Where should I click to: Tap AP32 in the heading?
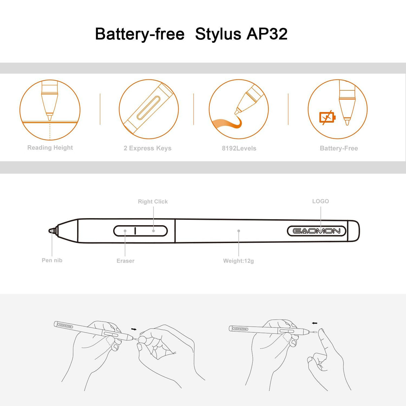click(267, 34)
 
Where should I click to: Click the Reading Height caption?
click(50, 147)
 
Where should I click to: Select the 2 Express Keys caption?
click(147, 148)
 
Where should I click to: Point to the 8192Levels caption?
click(239, 148)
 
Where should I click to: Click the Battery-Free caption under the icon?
click(339, 148)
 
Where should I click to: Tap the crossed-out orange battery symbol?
click(327, 117)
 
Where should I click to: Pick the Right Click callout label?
click(153, 201)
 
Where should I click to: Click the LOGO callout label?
click(320, 201)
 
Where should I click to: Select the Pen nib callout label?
click(52, 260)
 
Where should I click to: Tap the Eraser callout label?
click(125, 261)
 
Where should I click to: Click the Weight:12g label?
click(238, 261)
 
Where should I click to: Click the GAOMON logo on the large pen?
click(316, 231)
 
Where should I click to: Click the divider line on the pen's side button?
click(135, 231)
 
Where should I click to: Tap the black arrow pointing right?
click(134, 329)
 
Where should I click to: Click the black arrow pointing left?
click(314, 323)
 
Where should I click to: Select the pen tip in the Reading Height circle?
click(49, 117)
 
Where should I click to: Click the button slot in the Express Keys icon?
click(148, 108)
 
